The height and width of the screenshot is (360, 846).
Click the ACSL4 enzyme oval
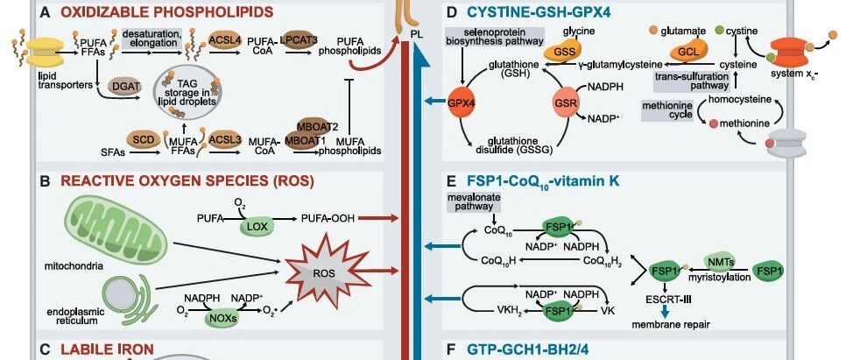point(224,40)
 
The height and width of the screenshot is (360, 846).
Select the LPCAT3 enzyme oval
point(299,40)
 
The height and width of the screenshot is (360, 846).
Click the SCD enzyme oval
point(144,140)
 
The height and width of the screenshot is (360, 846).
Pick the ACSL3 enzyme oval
point(224,140)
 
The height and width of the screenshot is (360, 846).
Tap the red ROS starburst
point(324,272)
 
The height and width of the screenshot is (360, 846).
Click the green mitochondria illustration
point(113,227)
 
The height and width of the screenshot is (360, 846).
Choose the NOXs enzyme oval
point(222,319)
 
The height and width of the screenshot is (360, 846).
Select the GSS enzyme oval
point(560,53)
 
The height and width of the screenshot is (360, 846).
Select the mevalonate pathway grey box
point(473,201)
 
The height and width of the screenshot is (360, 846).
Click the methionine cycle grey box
point(667,110)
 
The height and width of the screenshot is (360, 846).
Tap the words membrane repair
point(671,324)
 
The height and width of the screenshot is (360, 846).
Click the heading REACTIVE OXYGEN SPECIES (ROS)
point(187,180)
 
